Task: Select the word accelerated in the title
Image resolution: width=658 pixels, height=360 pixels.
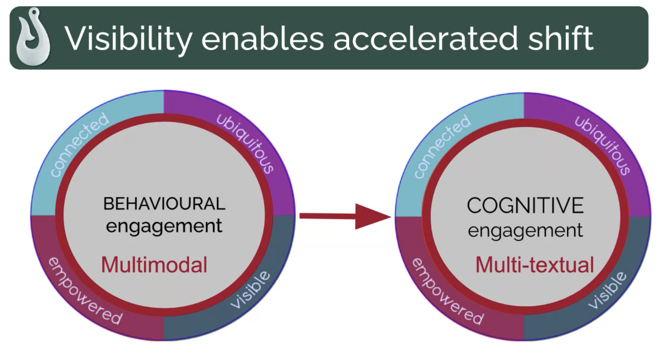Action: coord(425,38)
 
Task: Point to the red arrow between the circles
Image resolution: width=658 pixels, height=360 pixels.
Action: coord(346,217)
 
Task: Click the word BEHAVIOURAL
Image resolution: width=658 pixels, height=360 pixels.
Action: coord(164,204)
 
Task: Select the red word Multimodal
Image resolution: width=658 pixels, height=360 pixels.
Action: coord(154,265)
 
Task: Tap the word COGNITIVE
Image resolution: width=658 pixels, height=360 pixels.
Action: coord(525,206)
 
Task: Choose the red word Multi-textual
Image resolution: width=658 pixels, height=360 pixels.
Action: coord(535,265)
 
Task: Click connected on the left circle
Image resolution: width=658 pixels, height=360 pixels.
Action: coord(79,145)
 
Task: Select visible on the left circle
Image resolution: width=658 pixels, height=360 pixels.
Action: coord(250,289)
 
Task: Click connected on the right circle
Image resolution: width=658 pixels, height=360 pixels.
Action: coord(442,146)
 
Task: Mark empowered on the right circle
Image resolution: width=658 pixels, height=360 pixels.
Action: coord(447,292)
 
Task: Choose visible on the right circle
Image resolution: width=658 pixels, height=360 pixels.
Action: coord(607,290)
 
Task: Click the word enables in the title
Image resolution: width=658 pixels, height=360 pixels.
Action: coord(263,38)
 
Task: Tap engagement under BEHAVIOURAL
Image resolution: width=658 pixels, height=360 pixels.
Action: coord(164,226)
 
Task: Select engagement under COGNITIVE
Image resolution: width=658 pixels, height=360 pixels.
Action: coord(526,230)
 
